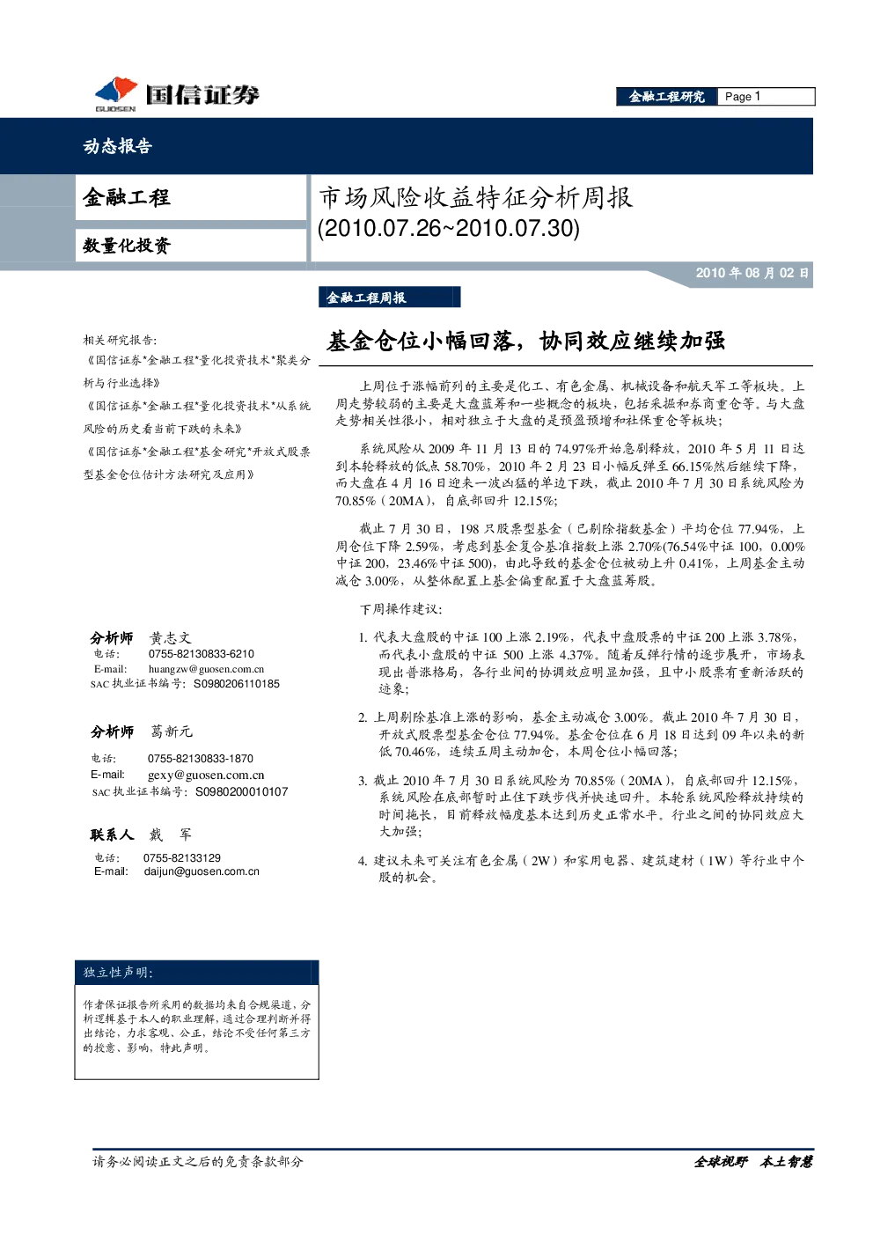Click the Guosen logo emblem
tap(116, 92)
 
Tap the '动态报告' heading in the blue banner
tap(117, 145)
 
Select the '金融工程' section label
tap(126, 197)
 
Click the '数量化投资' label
tap(127, 246)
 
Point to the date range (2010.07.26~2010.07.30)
tap(449, 228)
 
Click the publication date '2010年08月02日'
tap(752, 273)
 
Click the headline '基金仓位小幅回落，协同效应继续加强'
tap(525, 342)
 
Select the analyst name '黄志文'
tap(171, 638)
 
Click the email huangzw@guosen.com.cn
tap(206, 669)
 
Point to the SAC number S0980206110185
tap(237, 684)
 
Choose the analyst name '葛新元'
tap(172, 731)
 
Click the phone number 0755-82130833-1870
tap(201, 759)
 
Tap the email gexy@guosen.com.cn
tap(206, 776)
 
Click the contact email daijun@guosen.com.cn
tap(202, 871)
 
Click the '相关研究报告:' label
tap(120, 340)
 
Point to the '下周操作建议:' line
tap(400, 609)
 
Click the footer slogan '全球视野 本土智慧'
tap(752, 1162)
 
